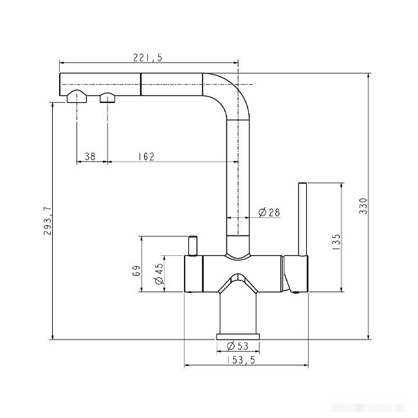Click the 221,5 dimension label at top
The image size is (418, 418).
pos(149,58)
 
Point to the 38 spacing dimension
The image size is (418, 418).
pos(90,156)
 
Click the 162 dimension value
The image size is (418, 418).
pos(146,156)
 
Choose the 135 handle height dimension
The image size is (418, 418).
pos(336,240)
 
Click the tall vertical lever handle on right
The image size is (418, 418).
pos(302,219)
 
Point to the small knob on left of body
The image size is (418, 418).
pos(192,245)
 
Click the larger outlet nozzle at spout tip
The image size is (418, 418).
pos(77,97)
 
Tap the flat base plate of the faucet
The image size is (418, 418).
pos(238,336)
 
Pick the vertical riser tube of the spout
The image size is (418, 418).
pos(238,174)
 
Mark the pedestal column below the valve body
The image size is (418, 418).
pos(238,312)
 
